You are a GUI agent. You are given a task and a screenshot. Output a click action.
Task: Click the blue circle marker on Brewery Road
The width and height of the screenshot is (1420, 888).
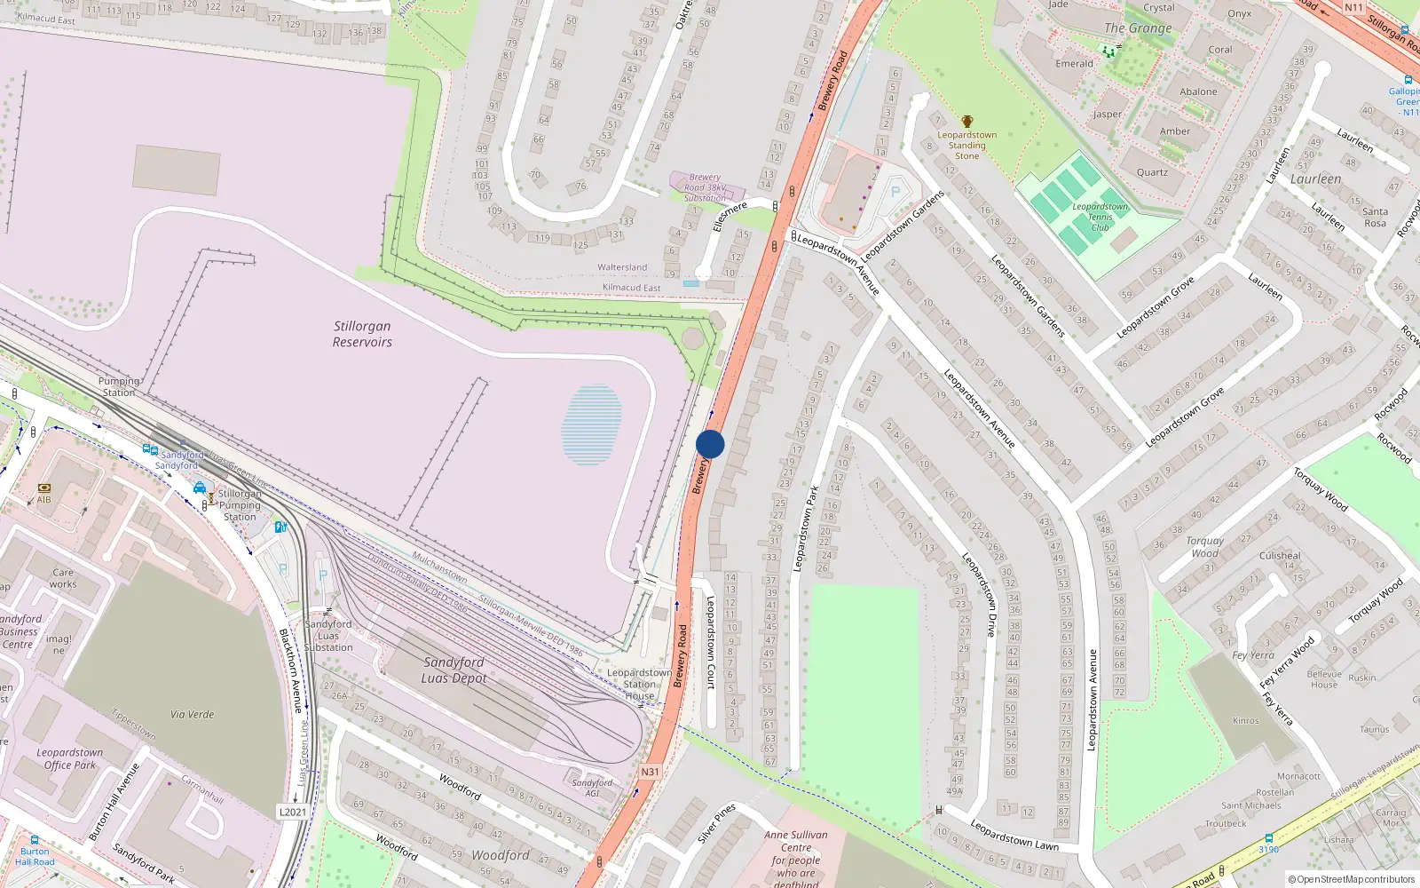710,444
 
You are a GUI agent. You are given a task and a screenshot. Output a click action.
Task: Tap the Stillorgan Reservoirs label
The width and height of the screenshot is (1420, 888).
362,334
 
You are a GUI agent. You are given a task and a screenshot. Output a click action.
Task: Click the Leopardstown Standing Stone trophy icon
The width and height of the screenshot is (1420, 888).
967,122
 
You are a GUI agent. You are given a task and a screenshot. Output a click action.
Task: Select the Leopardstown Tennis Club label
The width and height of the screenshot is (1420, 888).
1100,217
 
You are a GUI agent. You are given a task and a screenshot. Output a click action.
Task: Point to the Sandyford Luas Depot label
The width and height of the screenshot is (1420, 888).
454,670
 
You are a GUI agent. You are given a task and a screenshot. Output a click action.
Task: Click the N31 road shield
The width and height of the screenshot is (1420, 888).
651,772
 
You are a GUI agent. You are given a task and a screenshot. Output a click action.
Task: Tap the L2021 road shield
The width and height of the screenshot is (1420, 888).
293,812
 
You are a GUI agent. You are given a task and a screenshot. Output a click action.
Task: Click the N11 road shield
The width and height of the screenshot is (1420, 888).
1353,7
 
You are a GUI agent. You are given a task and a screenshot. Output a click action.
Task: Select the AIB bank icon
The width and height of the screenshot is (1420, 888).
43,488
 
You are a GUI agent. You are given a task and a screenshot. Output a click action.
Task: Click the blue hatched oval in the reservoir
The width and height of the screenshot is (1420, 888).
591,424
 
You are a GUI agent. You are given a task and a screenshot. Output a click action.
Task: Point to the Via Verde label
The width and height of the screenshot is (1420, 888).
193,714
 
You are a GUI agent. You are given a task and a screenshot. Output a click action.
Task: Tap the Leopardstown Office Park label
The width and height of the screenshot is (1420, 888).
70,758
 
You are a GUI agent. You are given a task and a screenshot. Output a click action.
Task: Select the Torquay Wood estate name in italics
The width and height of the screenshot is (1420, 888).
1204,546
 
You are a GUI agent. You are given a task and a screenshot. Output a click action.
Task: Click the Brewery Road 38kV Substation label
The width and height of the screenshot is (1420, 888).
706,187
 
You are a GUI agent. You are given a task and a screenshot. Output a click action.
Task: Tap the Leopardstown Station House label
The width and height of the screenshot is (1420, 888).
639,684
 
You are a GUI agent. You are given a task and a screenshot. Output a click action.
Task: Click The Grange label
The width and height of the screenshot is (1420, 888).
1138,28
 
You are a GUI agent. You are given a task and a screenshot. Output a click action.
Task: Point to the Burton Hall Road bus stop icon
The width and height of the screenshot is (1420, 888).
35,839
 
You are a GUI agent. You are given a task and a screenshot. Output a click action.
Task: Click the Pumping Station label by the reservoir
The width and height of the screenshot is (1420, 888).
119,386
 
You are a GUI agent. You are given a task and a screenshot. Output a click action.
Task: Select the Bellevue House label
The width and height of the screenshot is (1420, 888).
1324,679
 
